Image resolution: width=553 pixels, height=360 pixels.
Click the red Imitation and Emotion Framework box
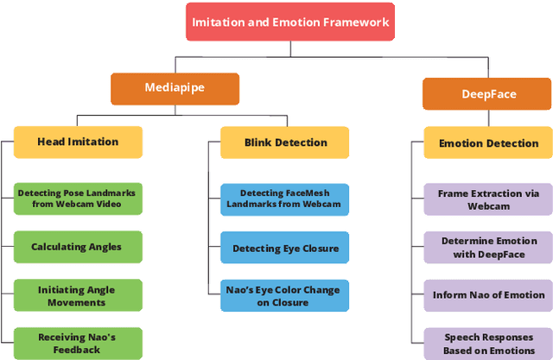click(289, 22)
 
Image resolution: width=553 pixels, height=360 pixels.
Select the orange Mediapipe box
click(175, 87)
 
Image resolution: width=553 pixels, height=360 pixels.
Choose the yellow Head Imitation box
click(78, 142)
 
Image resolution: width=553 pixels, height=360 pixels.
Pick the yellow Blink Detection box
click(284, 142)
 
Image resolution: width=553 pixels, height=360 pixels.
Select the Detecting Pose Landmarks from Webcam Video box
click(78, 199)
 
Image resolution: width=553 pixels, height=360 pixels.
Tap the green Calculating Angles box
click(78, 247)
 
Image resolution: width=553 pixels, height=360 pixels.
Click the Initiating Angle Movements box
click(78, 295)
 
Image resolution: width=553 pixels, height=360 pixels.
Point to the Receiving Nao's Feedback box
click(78, 344)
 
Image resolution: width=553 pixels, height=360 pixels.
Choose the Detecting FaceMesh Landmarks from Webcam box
click(284, 199)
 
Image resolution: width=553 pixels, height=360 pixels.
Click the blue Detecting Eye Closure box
click(284, 249)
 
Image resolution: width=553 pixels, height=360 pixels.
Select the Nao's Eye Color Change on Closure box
click(284, 296)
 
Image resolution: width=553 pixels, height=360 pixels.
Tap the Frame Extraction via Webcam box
click(488, 199)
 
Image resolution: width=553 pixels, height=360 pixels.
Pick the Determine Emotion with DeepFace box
click(488, 247)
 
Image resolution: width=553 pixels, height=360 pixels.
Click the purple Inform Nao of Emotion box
click(488, 295)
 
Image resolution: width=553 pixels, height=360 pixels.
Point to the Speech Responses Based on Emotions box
click(488, 344)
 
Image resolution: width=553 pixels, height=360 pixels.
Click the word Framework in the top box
click(353, 22)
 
